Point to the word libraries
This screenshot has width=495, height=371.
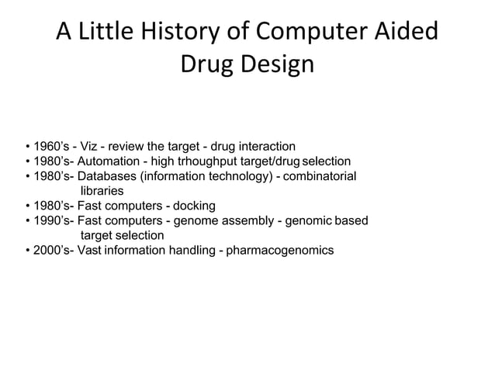tap(102, 190)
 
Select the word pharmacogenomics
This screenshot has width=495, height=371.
tap(280, 250)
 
